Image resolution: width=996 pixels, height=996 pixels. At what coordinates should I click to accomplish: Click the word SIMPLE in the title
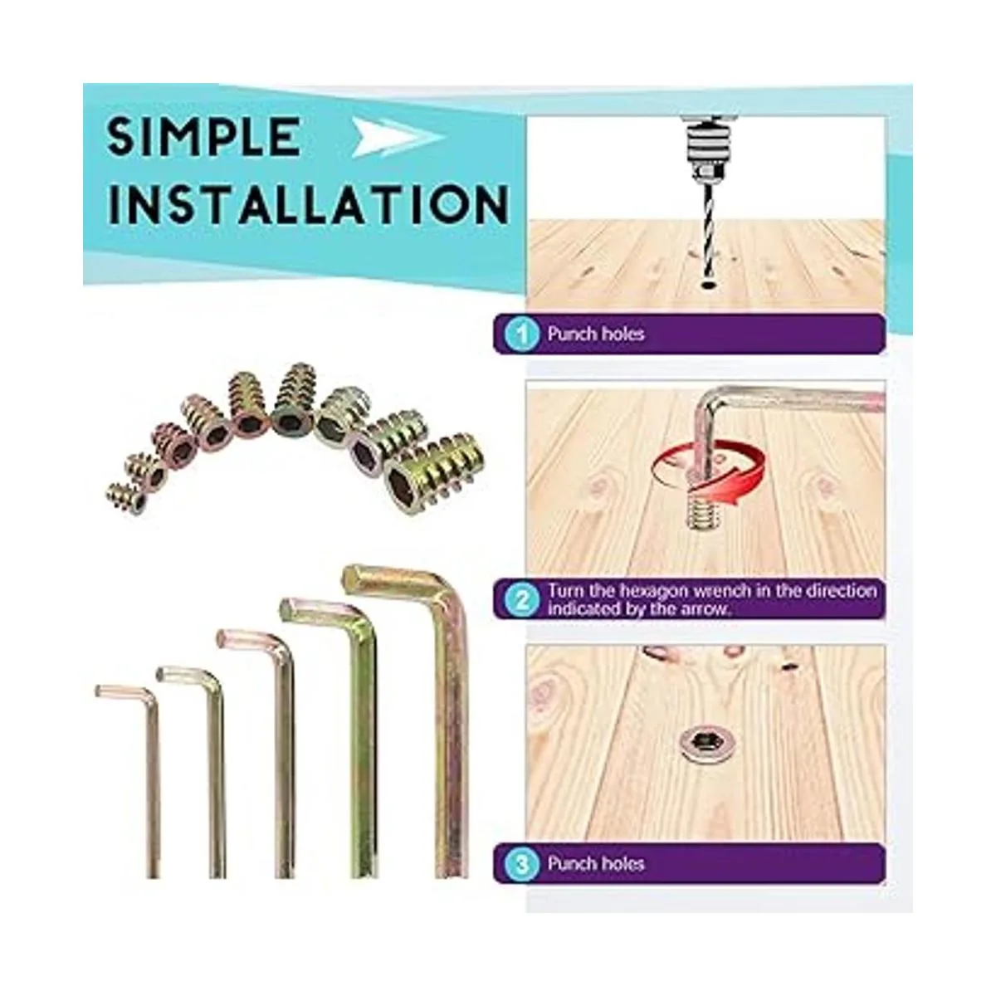tap(203, 136)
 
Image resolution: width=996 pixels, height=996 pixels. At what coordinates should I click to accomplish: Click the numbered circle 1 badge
tap(523, 334)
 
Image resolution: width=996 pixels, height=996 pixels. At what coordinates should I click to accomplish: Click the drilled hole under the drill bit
tap(705, 285)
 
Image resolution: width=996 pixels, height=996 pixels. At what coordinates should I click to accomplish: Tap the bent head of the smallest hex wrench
tap(124, 692)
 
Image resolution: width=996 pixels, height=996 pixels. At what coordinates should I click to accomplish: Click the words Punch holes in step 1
tap(596, 334)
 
